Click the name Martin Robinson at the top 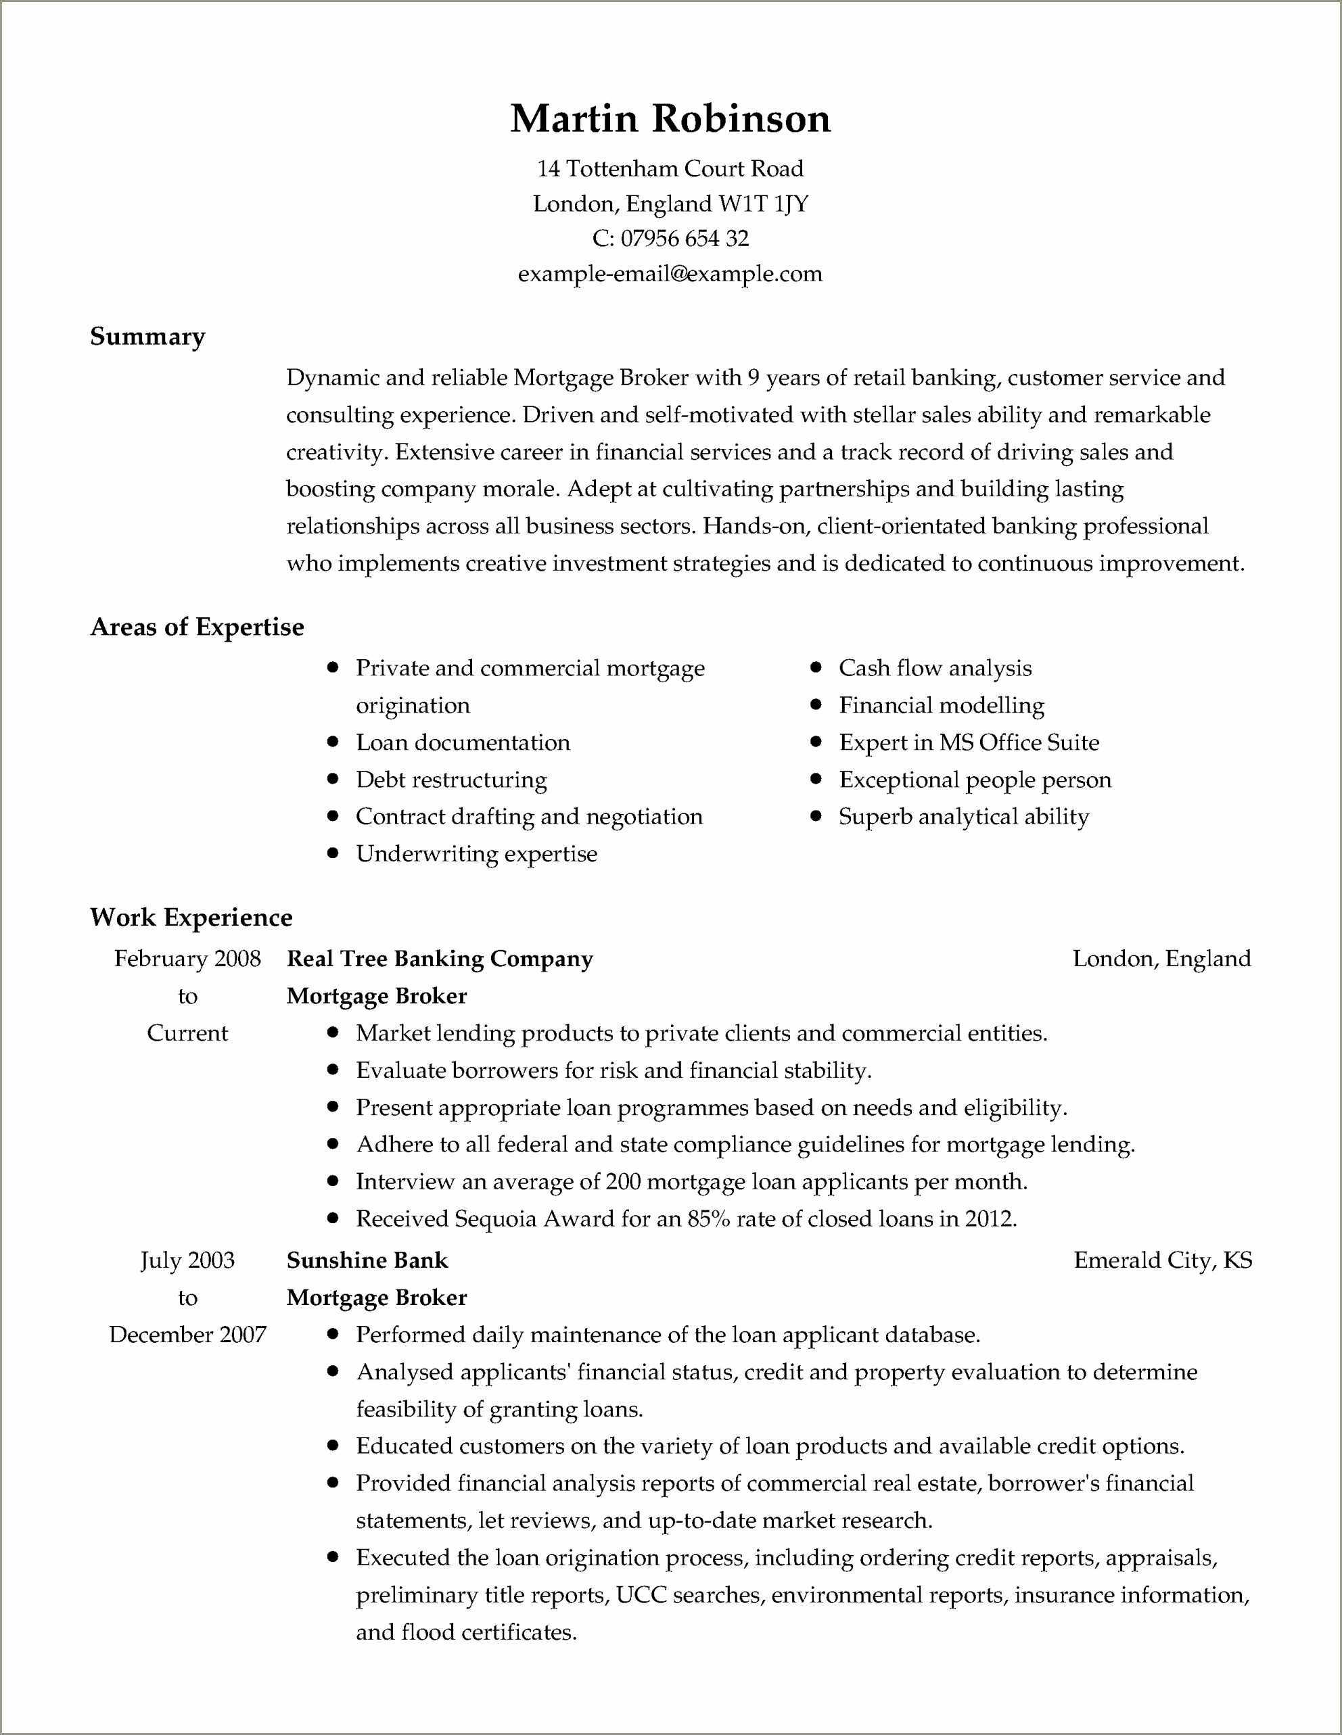(x=670, y=119)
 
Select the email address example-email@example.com (x=670, y=274)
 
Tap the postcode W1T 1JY (x=763, y=204)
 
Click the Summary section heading (x=147, y=337)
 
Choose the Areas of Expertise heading (x=197, y=627)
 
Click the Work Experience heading (x=191, y=918)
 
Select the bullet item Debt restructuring (x=450, y=780)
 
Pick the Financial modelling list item (x=941, y=705)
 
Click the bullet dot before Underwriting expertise (x=333, y=854)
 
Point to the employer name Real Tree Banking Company (x=440, y=959)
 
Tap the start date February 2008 (x=187, y=959)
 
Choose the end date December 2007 (x=187, y=1335)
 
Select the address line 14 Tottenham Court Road (x=670, y=168)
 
